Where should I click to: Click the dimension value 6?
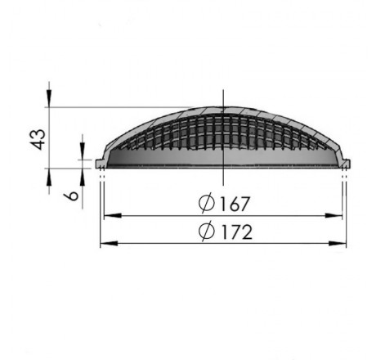(x=72, y=196)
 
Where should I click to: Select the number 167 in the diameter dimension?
(x=234, y=204)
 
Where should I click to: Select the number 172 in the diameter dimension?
(x=236, y=232)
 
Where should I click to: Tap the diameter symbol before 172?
(x=207, y=232)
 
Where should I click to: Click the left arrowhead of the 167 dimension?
(x=113, y=216)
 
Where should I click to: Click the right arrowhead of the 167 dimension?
(x=333, y=216)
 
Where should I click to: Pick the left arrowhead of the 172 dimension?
(x=109, y=243)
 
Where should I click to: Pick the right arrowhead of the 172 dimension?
(x=338, y=243)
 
